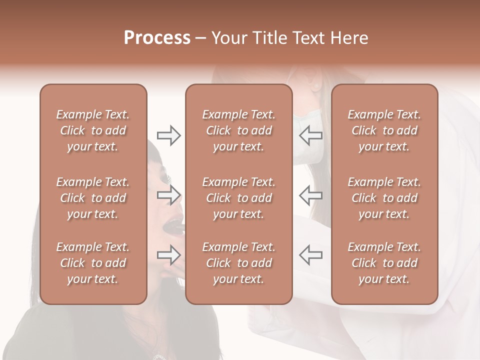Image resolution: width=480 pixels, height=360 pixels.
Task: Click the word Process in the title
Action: pos(157,38)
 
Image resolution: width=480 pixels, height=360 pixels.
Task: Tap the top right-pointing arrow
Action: pos(168,135)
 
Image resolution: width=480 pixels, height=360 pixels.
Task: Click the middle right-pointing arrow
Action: pos(168,195)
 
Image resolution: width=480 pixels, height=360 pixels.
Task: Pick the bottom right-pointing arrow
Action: pos(168,255)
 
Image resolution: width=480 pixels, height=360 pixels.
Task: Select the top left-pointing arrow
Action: pos(310,135)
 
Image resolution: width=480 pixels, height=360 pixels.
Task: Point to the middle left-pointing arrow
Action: pos(310,195)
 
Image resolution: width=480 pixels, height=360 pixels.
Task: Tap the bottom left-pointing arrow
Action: pos(310,255)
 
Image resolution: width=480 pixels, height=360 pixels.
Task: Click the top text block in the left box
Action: pos(93,130)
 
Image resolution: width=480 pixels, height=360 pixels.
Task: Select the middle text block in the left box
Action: pos(93,198)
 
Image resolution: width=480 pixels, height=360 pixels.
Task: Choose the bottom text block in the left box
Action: pos(93,263)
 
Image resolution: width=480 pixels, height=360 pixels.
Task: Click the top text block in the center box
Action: pos(238,130)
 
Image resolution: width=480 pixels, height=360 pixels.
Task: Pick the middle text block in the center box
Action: pos(238,198)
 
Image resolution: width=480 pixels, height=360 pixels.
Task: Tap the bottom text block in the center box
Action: pos(238,263)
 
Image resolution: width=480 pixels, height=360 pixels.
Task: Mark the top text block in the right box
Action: pos(384,130)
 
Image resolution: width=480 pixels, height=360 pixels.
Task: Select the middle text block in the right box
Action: pos(384,198)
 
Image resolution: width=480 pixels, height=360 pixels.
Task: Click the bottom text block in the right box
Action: pos(384,263)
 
